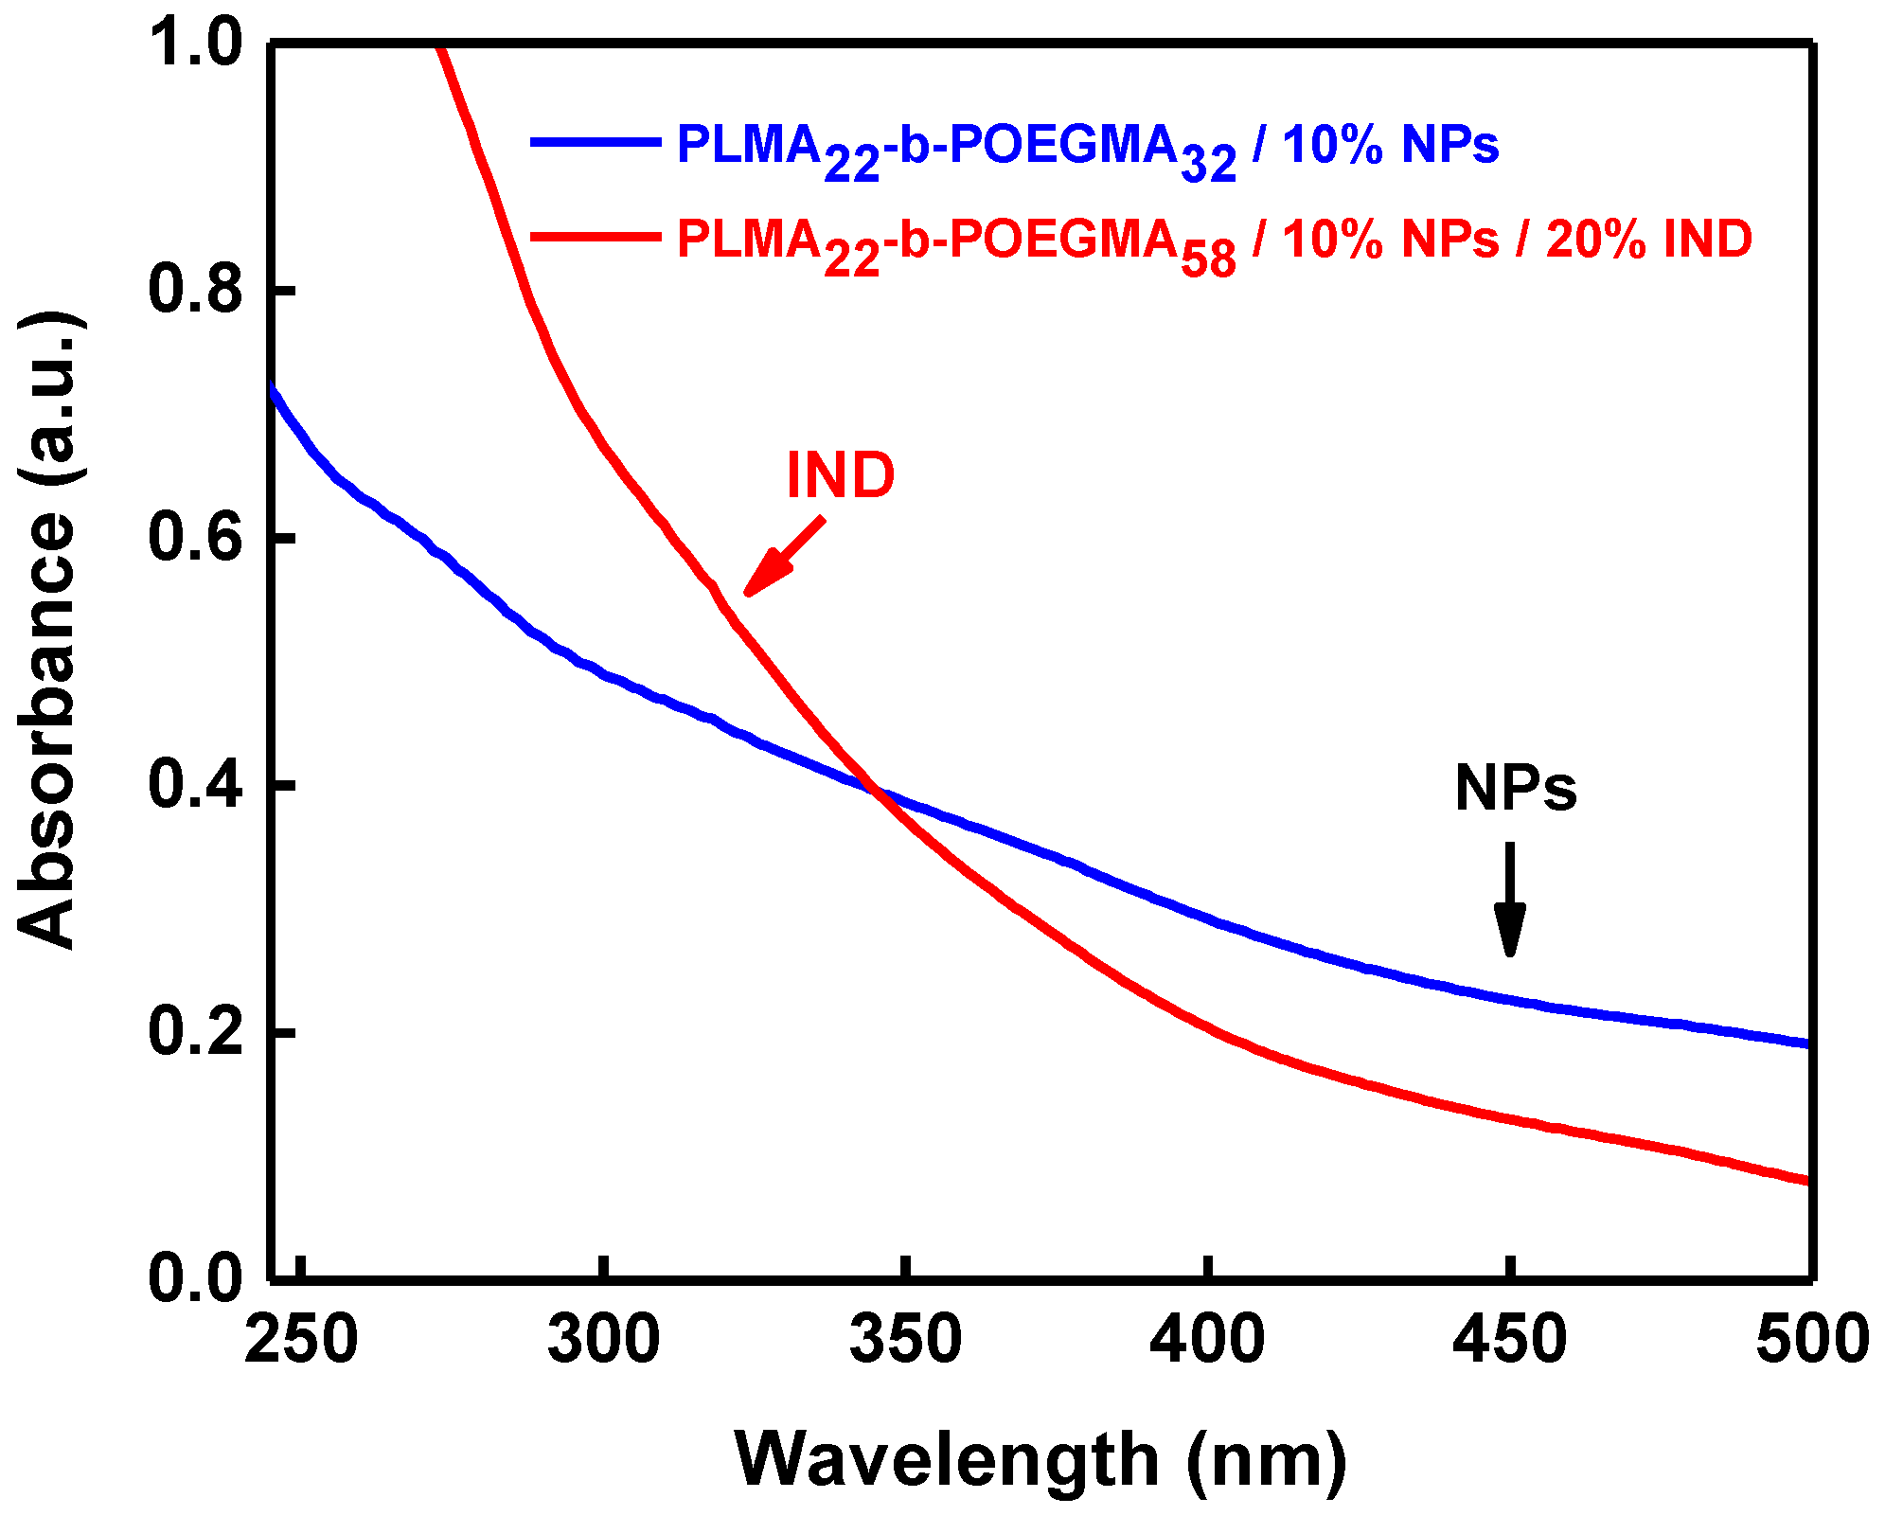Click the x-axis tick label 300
(604, 1340)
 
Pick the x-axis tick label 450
(1510, 1340)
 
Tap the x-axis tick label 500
(1810, 1340)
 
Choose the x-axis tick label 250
(301, 1340)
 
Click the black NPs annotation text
(1515, 788)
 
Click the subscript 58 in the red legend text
(1209, 259)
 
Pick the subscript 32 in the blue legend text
(1209, 166)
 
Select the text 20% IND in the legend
(1648, 238)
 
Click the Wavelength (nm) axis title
(1040, 1459)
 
